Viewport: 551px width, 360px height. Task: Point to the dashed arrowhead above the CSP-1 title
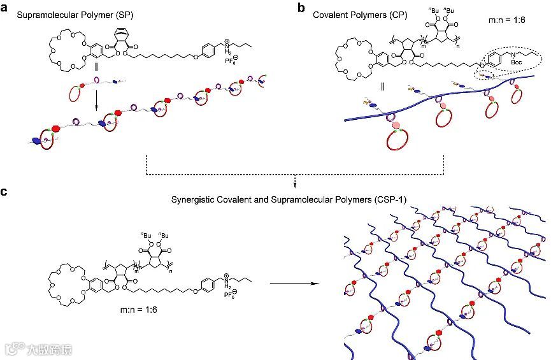tap(295, 185)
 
